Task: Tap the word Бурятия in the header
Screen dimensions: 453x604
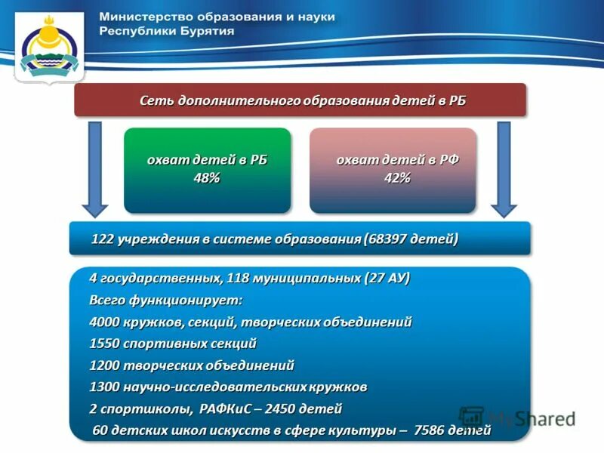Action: tap(203, 32)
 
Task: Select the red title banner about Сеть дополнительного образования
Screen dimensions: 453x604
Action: tap(299, 100)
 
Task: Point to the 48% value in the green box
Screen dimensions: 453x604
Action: tap(206, 178)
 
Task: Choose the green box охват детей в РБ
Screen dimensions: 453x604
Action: tap(207, 170)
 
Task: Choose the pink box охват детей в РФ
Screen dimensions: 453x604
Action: tap(393, 170)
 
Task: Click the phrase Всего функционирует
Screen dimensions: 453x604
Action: tap(166, 300)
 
